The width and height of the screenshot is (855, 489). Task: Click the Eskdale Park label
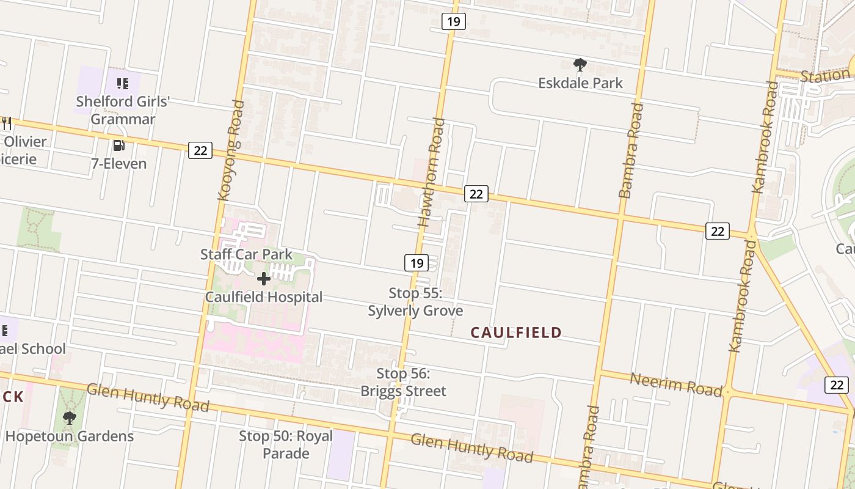click(580, 83)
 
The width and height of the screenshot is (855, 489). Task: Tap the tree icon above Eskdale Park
click(580, 64)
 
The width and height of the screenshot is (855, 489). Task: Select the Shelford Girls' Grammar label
click(123, 110)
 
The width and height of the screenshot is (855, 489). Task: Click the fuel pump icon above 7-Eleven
click(118, 145)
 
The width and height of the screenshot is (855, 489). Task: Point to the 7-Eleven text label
click(118, 163)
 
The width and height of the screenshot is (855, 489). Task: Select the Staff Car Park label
click(246, 254)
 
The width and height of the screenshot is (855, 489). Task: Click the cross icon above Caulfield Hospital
click(264, 279)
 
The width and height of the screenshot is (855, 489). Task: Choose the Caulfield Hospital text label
click(264, 297)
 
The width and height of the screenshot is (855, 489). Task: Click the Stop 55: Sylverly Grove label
click(415, 302)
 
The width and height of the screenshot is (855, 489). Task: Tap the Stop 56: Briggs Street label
click(403, 382)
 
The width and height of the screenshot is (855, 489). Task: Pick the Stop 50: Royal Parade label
click(286, 444)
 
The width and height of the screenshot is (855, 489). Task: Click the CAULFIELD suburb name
click(516, 333)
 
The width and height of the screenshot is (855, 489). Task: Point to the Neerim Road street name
click(675, 384)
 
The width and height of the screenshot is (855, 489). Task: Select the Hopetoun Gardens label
click(70, 436)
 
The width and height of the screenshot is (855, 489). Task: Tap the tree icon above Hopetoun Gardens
click(70, 418)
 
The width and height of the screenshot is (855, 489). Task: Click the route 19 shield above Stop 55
click(416, 263)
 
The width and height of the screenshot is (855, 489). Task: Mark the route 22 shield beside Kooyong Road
click(200, 150)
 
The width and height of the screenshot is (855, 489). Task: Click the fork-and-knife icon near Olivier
click(7, 123)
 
